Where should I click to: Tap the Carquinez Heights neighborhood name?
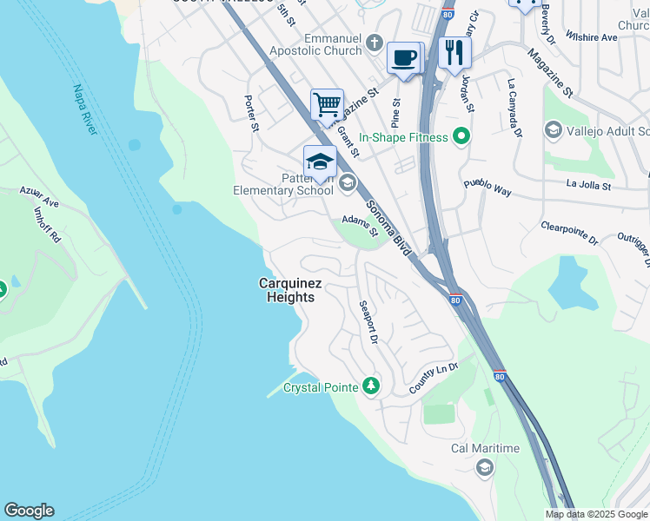286,290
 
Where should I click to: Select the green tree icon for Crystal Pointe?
371,385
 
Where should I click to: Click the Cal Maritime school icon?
484,468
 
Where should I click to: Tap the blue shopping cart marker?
327,105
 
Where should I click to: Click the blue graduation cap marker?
320,161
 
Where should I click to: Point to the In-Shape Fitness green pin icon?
461,137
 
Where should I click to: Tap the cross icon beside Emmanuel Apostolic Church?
374,43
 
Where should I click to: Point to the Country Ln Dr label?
433,379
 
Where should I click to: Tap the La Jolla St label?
588,185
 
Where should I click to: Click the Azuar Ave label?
40,197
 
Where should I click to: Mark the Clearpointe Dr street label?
569,230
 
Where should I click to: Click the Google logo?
29,511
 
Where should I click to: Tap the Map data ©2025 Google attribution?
595,514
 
